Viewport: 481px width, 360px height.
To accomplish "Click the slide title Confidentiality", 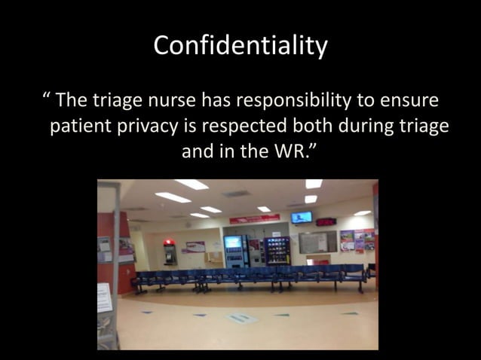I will [x=240, y=45].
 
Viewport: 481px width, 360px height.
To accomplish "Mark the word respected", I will [x=244, y=126].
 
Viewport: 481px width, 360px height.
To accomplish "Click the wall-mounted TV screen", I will [x=302, y=217].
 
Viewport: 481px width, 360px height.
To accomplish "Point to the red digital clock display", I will [x=326, y=222].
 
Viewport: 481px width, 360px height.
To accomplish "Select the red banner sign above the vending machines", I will [x=255, y=218].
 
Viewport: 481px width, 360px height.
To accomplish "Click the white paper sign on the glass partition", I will [x=105, y=297].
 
